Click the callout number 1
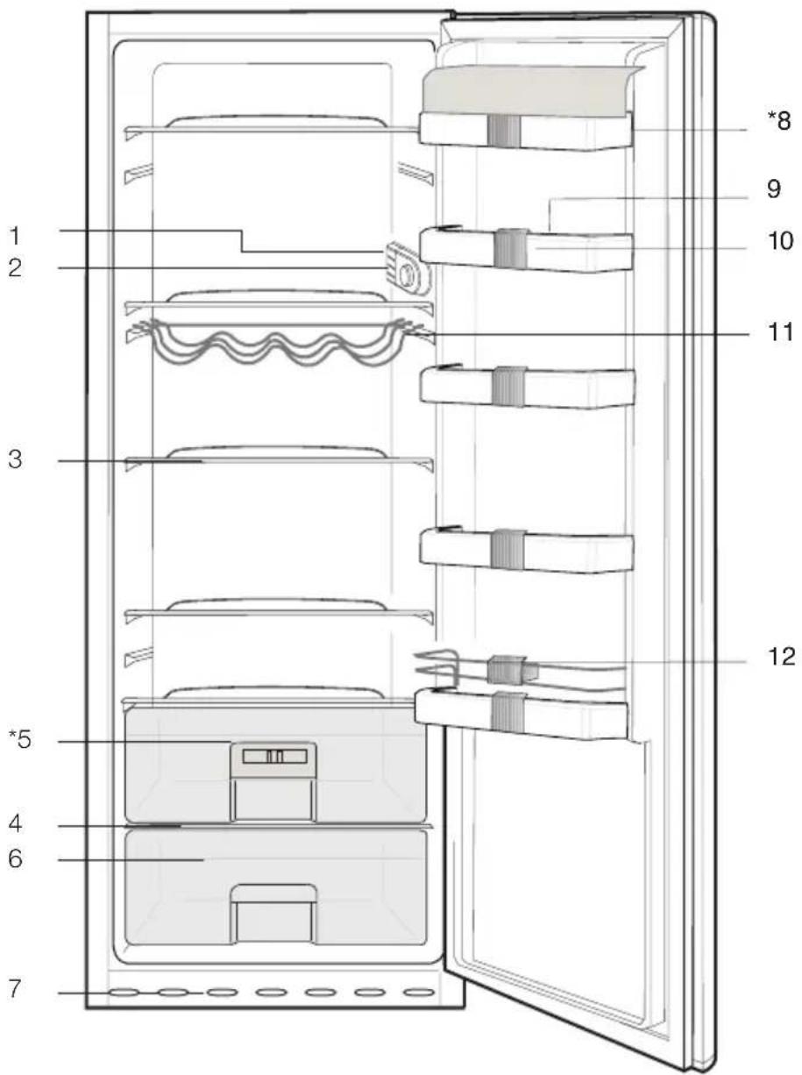(x=15, y=236)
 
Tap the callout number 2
(x=15, y=268)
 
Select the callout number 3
(x=15, y=459)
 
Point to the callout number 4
(x=15, y=823)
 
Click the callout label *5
(x=19, y=739)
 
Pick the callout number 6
(x=15, y=858)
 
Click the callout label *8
(x=778, y=120)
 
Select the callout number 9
(x=774, y=189)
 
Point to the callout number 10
(x=780, y=240)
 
